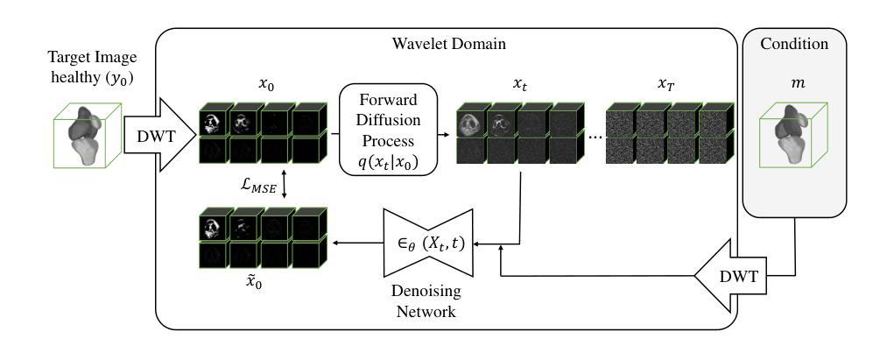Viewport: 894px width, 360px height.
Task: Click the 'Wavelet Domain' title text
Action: pos(448,44)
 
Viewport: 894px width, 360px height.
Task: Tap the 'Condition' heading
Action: pos(794,44)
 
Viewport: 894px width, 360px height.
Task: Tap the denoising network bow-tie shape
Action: pos(426,244)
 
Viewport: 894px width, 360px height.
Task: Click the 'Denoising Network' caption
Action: pos(426,301)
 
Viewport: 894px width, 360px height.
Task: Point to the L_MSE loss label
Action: pos(257,186)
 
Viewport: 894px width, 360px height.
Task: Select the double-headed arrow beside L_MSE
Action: pos(284,186)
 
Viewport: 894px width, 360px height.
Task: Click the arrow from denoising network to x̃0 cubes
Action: pos(358,244)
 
